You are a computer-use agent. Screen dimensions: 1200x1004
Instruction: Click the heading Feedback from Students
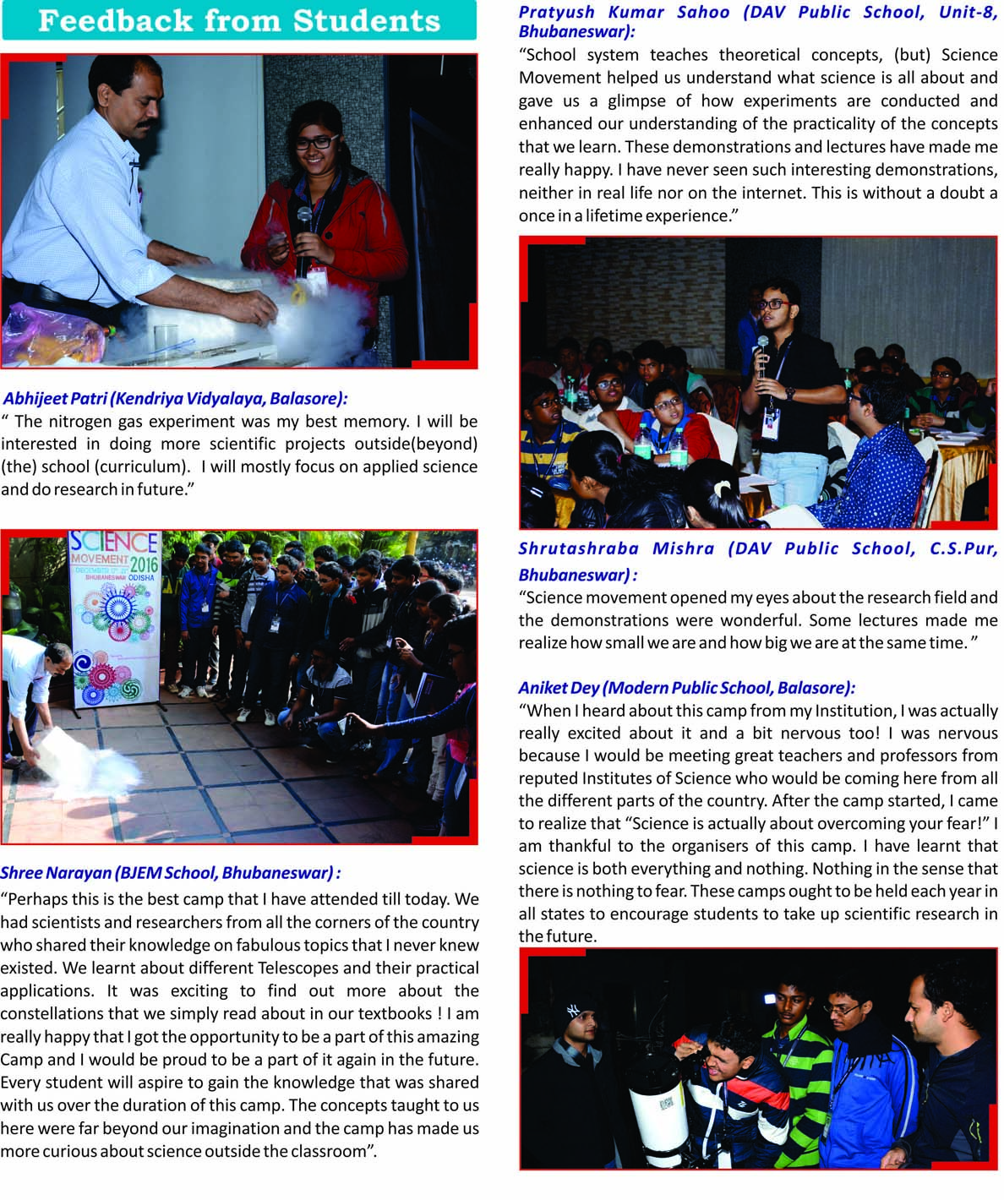click(239, 21)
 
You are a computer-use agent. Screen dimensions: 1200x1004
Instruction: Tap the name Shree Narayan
click(55, 873)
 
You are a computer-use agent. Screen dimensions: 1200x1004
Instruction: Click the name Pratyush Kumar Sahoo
click(624, 11)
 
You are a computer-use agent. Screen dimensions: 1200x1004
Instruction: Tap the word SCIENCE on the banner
click(113, 543)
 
